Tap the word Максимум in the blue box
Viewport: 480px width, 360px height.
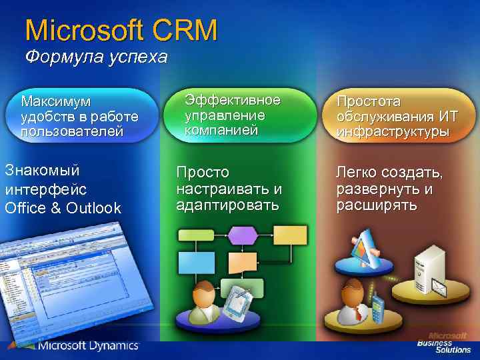coord(55,102)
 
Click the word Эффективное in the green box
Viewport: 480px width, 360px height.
coord(232,101)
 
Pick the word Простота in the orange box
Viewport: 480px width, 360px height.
coord(369,101)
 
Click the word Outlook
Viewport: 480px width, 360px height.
coord(93,208)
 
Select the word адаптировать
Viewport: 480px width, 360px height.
coord(227,205)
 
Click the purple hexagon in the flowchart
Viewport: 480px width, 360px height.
coord(243,235)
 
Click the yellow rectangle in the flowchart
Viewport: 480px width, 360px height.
coord(290,235)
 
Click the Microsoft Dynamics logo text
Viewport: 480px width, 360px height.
coord(87,345)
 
